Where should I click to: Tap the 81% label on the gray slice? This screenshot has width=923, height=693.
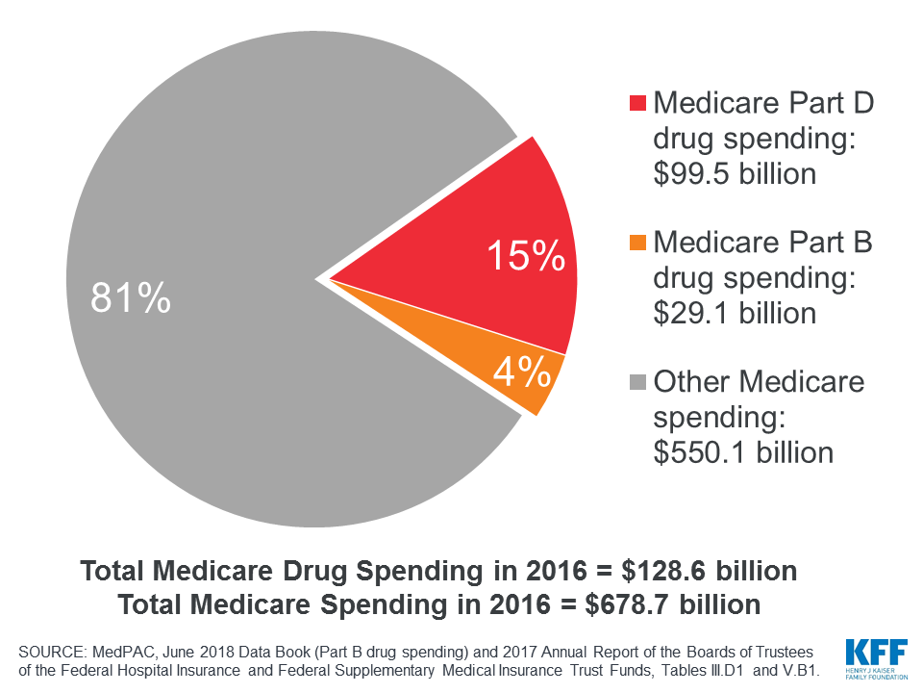point(131,297)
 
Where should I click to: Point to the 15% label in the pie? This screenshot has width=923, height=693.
point(525,256)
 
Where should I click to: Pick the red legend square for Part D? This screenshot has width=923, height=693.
point(638,104)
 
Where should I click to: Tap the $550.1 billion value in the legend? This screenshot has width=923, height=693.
point(743,452)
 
